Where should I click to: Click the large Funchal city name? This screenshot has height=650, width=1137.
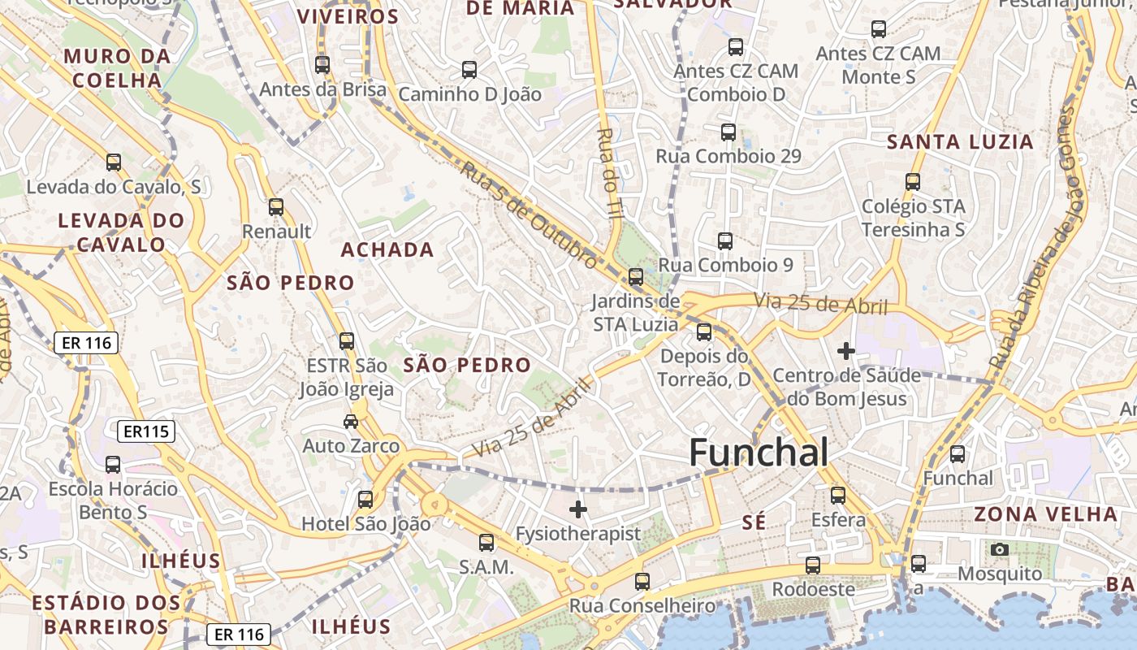point(759,453)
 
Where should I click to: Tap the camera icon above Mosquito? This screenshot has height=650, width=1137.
point(1000,550)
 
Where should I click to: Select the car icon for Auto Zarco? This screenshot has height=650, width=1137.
point(350,421)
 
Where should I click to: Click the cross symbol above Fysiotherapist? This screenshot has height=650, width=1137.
point(578,509)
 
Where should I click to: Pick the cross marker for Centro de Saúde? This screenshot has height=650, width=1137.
point(846,351)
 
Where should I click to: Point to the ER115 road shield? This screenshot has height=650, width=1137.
point(147,431)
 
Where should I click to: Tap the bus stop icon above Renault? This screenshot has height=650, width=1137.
point(276,207)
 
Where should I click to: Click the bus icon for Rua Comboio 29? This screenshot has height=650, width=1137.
point(728,132)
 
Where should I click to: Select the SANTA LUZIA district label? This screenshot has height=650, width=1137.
point(960,142)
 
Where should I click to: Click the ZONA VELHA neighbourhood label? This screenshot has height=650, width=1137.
point(1046,514)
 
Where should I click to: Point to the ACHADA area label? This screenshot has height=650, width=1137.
point(387,250)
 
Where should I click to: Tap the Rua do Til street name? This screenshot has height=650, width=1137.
point(607,171)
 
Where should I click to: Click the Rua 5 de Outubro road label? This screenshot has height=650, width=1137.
point(530,214)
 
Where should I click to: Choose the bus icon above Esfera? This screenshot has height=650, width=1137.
point(838,495)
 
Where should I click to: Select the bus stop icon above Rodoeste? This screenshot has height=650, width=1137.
point(813,565)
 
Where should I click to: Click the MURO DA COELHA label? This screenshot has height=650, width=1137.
point(118,68)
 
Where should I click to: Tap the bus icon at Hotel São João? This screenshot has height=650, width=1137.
point(365,499)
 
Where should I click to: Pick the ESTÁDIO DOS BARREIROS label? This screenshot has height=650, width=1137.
point(106,614)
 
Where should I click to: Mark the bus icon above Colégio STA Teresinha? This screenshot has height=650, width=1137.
point(913,181)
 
